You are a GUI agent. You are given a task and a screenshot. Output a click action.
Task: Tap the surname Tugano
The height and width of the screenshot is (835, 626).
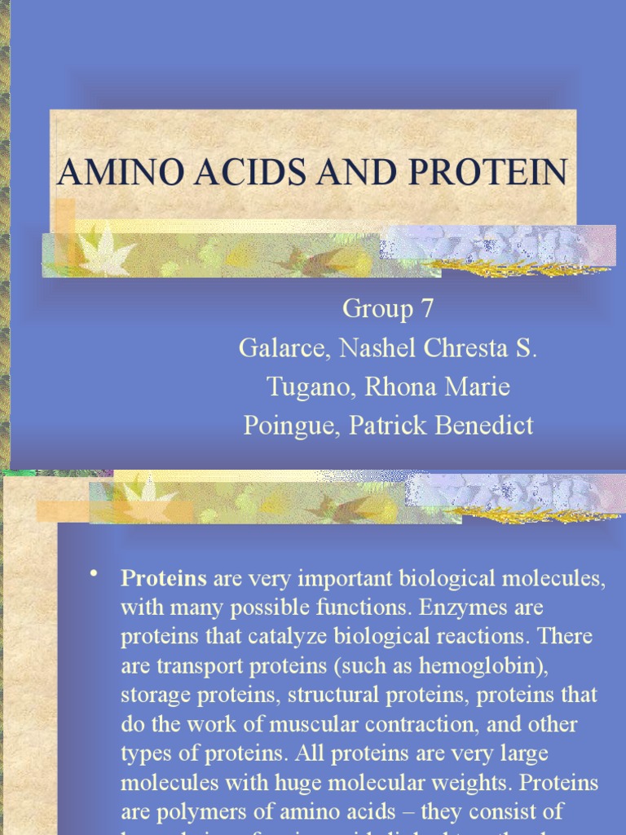(x=312, y=387)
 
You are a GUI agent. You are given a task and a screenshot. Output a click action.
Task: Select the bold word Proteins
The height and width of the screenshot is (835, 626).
(x=164, y=579)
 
